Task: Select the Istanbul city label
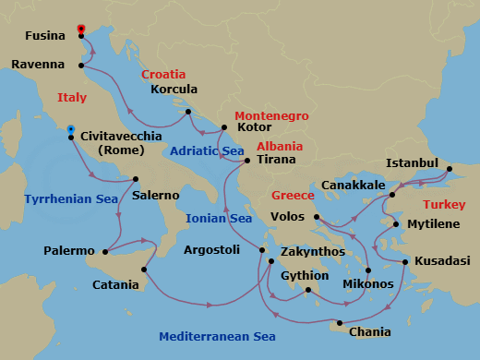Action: [x=411, y=162]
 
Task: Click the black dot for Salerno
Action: [x=136, y=179]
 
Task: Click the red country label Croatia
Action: [x=163, y=74]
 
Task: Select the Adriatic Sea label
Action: [x=207, y=150]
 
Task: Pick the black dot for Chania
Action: [x=341, y=323]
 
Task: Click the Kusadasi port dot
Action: [x=404, y=262]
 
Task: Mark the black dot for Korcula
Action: [x=188, y=112]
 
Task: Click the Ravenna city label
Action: [x=38, y=65]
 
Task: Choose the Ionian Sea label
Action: [x=219, y=219]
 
